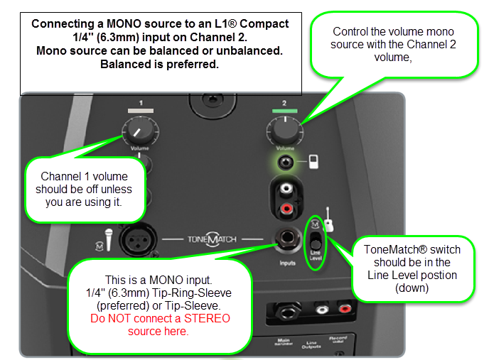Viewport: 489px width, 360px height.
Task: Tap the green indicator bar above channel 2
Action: tap(284, 111)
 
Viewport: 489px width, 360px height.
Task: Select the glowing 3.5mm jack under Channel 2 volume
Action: tap(286, 161)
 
